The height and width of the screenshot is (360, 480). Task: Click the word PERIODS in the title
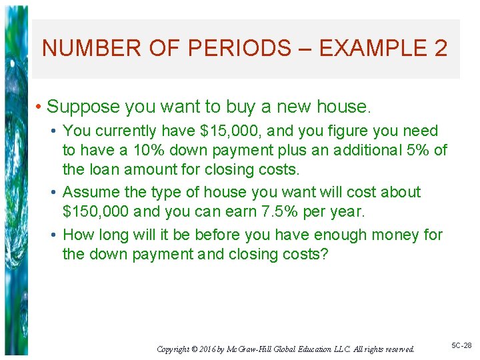click(238, 49)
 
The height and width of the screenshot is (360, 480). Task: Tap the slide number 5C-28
click(461, 346)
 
